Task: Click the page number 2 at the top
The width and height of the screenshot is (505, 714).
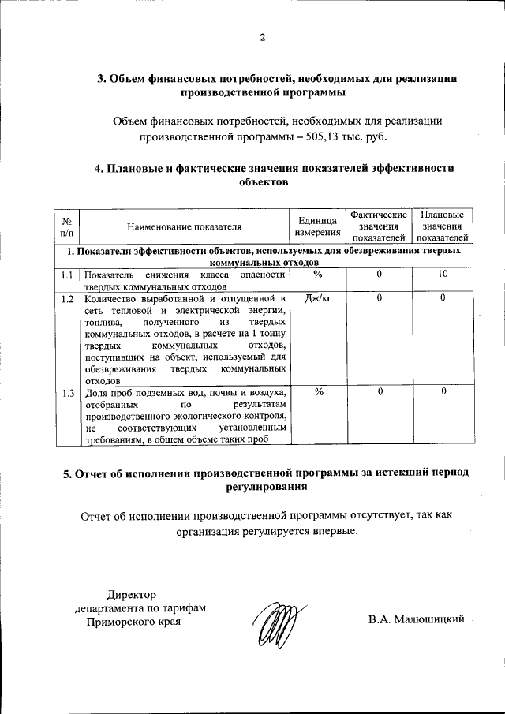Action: (263, 38)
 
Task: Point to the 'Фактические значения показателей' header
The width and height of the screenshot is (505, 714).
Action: (379, 226)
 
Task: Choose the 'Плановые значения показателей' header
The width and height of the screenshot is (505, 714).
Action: (443, 226)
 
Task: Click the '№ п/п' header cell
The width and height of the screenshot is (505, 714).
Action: (67, 226)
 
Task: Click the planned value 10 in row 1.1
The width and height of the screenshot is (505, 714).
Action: (443, 274)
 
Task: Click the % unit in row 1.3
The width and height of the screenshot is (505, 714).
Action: (318, 392)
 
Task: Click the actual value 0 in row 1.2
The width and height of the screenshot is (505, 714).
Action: (379, 298)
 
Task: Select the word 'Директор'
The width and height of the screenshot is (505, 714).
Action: (133, 595)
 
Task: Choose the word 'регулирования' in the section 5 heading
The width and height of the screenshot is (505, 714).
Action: (264, 487)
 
